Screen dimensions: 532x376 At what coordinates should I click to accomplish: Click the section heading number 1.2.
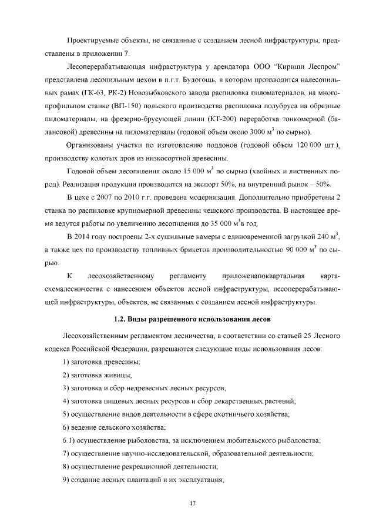[120, 319]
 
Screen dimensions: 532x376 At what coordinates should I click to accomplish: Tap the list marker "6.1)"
[68, 440]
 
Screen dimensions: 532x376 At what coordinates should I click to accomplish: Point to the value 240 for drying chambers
[324, 237]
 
